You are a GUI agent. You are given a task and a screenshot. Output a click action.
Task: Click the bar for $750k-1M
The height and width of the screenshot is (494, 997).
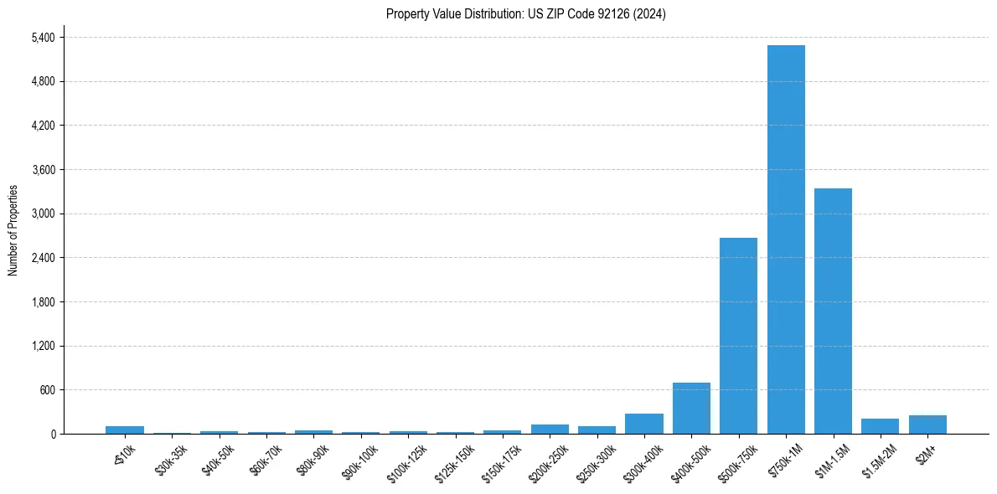pyautogui.click(x=786, y=239)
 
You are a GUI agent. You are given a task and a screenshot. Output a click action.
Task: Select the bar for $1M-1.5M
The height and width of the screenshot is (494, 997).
pyautogui.click(x=833, y=311)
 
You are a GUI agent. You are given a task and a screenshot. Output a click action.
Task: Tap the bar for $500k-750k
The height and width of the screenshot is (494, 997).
pyautogui.click(x=738, y=336)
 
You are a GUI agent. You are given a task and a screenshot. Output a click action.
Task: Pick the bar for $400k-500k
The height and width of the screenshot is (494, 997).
pyautogui.click(x=691, y=408)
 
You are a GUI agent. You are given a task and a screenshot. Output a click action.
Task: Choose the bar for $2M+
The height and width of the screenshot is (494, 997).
pyautogui.click(x=927, y=425)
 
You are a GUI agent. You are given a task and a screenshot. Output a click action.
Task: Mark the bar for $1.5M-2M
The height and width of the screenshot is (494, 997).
pyautogui.click(x=880, y=426)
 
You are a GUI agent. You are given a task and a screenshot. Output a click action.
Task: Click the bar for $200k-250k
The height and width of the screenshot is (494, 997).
pyautogui.click(x=550, y=429)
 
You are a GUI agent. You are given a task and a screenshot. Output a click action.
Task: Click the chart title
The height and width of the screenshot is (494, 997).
pyautogui.click(x=526, y=14)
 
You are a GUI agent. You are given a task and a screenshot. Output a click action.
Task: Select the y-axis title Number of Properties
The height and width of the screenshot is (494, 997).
pyautogui.click(x=13, y=230)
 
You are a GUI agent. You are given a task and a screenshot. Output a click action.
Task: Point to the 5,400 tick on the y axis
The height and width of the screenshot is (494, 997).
pyautogui.click(x=43, y=38)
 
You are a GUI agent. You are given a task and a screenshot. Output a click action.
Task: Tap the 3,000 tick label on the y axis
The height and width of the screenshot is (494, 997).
pyautogui.click(x=43, y=214)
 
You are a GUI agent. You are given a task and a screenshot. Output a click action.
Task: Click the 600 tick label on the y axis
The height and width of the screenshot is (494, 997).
pyautogui.click(x=47, y=390)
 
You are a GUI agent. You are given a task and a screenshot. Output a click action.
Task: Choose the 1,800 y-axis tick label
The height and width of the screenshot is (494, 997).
pyautogui.click(x=43, y=302)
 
